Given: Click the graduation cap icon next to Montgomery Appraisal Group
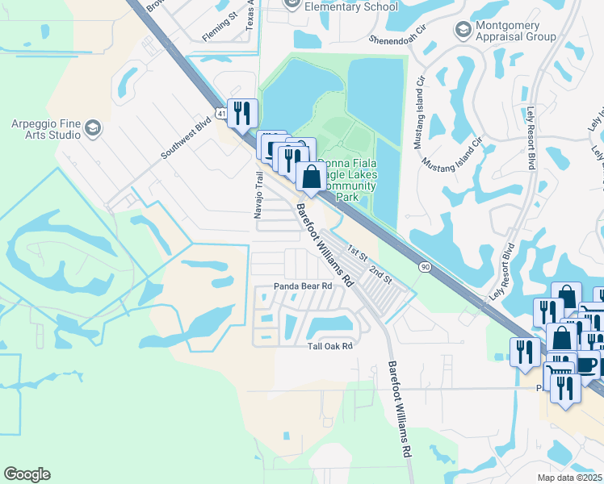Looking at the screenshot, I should tap(463, 31).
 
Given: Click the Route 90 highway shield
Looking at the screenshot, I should tap(425, 265).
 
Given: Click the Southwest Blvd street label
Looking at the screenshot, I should tap(186, 139).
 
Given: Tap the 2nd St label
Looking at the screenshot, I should tap(380, 273).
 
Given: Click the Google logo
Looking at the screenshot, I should tap(27, 474).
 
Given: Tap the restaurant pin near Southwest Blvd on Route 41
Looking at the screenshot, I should tap(242, 114).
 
